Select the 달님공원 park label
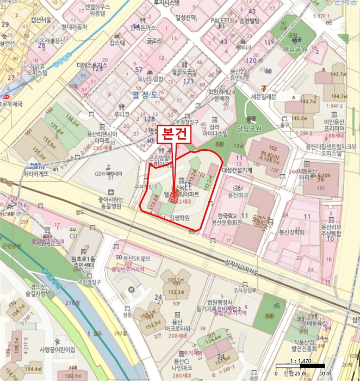click(249, 129)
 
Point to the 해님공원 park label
click(295, 49)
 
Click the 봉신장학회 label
click(291, 232)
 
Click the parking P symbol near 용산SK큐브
click(117, 257)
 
